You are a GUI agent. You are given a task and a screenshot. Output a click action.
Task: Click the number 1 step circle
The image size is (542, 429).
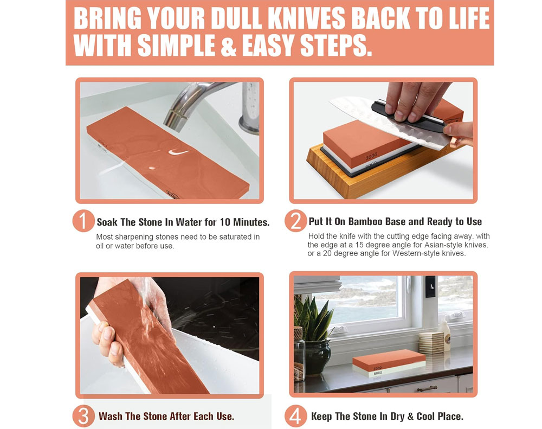click(x=83, y=222)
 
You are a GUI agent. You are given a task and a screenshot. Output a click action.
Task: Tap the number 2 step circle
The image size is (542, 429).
click(x=296, y=222)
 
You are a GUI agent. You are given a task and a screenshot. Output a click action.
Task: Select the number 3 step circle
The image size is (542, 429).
click(x=83, y=417)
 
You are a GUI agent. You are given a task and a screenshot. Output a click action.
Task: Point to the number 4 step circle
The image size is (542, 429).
click(x=296, y=417)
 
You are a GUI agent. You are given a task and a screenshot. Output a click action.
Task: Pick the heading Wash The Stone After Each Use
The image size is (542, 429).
click(x=166, y=417)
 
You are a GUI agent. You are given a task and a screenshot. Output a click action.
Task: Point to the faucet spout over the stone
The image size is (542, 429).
click(x=179, y=111)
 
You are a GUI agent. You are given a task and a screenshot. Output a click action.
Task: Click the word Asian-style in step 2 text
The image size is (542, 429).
click(x=433, y=245)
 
